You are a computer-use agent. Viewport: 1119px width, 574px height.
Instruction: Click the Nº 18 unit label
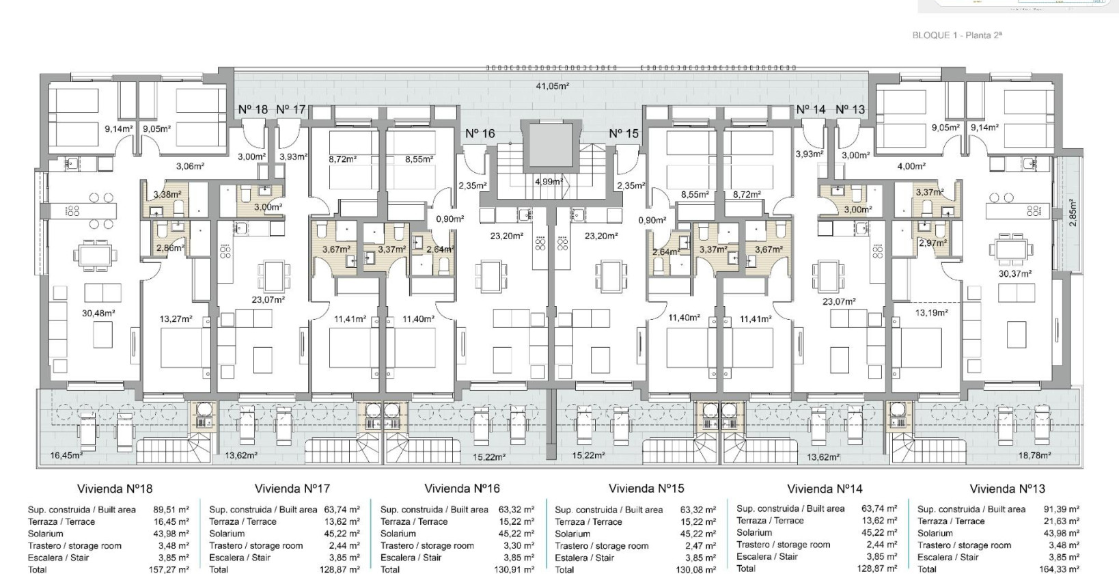point(253,109)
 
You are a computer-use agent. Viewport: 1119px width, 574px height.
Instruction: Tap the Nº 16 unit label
point(480,134)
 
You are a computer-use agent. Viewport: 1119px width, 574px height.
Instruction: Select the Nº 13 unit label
point(850,109)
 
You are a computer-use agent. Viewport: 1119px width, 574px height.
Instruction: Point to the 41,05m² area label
point(552,86)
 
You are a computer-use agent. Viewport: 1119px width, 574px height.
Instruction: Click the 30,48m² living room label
point(98,313)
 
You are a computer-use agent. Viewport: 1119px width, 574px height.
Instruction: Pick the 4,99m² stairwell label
point(549,182)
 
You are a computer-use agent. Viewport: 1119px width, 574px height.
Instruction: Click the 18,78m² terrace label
point(1034,455)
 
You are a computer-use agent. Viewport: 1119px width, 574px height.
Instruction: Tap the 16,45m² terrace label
point(66,455)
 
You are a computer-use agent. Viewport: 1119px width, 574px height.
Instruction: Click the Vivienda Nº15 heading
point(646,489)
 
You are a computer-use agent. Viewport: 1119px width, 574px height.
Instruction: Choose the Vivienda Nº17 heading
point(292,489)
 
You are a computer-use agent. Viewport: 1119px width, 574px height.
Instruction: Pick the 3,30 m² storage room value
point(519,546)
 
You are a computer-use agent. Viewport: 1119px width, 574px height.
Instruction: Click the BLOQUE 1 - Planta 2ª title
point(956,36)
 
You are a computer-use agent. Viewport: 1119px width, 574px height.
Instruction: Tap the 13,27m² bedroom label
point(176,318)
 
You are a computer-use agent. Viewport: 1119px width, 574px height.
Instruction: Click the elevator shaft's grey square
point(549,148)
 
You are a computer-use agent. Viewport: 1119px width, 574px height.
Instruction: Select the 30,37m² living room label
point(1014,274)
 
